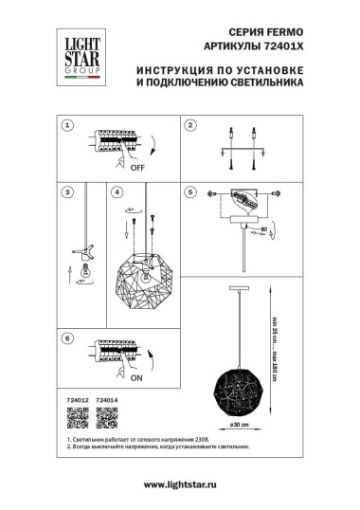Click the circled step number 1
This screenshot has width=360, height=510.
coord(66,125)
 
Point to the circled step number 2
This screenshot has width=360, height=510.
coord(189,125)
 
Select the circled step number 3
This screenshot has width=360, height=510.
coord(66,191)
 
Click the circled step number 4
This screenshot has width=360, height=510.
coord(117,191)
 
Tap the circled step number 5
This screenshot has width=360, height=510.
coord(189,191)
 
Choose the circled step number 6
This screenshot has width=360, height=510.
coord(66,337)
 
